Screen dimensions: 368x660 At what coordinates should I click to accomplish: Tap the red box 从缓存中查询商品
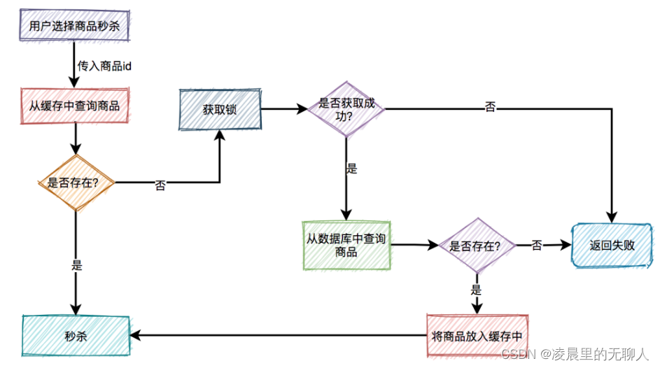[75, 106]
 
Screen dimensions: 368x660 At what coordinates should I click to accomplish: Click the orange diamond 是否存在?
[74, 183]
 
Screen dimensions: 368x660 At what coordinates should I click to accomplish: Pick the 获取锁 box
[220, 110]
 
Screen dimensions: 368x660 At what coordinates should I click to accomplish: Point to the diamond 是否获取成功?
[346, 110]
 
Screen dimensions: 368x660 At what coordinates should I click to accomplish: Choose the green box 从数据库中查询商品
[346, 245]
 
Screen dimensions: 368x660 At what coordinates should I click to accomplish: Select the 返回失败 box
[612, 246]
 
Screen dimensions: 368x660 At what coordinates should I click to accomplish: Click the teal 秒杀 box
[75, 337]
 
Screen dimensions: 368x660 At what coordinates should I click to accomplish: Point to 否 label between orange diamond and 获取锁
[160, 186]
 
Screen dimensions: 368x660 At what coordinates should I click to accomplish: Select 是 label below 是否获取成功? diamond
[351, 168]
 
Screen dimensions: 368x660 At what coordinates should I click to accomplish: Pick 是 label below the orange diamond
[78, 265]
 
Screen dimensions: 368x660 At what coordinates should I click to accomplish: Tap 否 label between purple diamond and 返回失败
[537, 245]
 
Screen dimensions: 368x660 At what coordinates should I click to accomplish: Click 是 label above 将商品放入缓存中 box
[476, 289]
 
